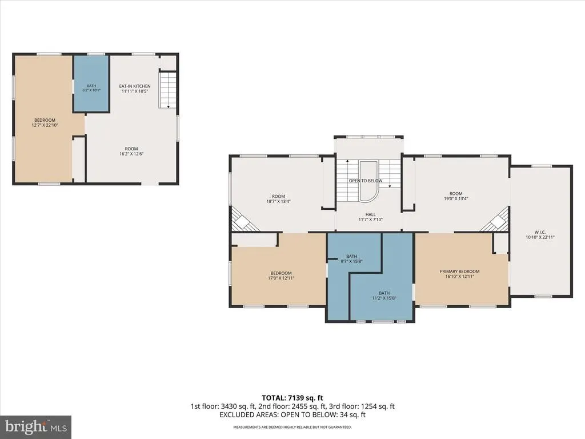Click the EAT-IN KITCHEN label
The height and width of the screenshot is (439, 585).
(135, 86)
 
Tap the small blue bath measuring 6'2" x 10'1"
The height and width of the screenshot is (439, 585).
(91, 83)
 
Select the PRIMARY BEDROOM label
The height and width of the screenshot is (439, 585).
(459, 272)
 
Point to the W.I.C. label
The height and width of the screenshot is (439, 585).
(540, 232)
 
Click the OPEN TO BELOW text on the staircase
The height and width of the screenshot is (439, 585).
(366, 181)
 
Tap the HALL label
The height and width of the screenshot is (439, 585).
(370, 214)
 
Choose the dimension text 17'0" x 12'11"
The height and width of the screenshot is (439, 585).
(281, 278)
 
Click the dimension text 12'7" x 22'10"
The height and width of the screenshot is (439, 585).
(45, 125)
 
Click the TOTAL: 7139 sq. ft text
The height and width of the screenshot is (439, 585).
(292, 398)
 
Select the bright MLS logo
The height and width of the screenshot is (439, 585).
(36, 426)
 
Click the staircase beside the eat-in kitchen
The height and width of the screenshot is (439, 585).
(167, 90)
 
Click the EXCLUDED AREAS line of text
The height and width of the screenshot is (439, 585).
(292, 415)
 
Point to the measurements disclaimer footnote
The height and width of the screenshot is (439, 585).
(292, 427)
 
